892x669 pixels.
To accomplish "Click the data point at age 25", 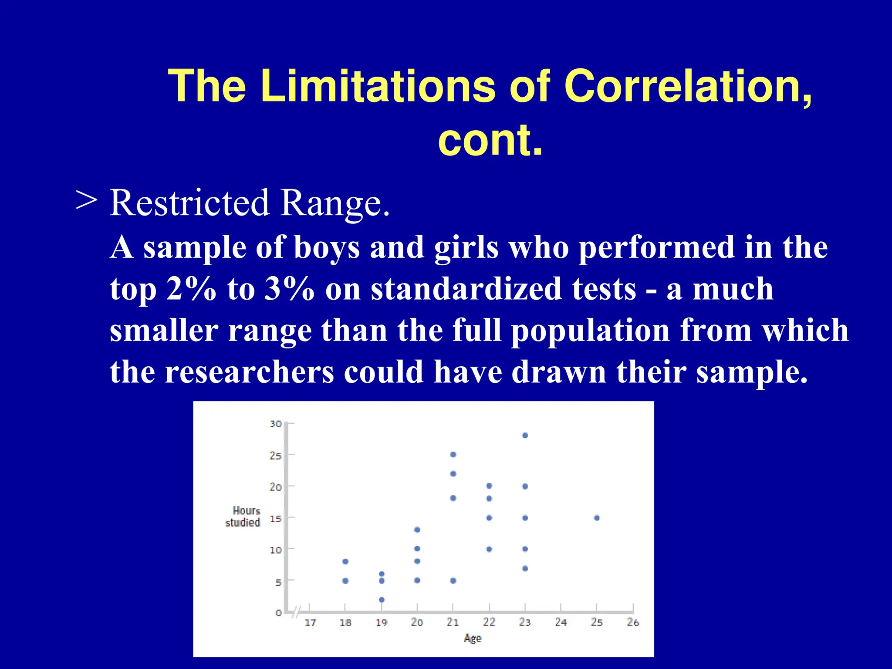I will coord(597,518).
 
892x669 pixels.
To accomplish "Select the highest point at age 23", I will coord(525,435).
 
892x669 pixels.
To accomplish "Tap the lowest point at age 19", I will coord(382,600).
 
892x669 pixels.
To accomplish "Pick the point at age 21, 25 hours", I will coord(453,454).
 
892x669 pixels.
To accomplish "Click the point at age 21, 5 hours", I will coord(453,581).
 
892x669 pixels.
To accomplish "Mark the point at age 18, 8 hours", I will coord(345,561).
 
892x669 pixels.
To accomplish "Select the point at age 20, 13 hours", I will coord(417,530).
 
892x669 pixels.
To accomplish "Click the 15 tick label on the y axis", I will coord(276,519).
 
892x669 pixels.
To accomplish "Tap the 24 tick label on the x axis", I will coord(561,622).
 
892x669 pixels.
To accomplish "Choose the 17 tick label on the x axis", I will coord(310,622).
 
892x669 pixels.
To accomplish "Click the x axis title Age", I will coord(473,638).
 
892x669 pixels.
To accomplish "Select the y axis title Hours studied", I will coord(243,517).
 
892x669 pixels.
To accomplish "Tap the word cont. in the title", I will coord(490,140).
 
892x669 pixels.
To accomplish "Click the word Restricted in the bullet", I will coord(189,203).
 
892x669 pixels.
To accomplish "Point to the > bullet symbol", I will coord(86,201).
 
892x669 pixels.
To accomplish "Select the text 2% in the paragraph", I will coord(191,289).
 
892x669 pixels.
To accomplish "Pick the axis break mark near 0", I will coord(297,612).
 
